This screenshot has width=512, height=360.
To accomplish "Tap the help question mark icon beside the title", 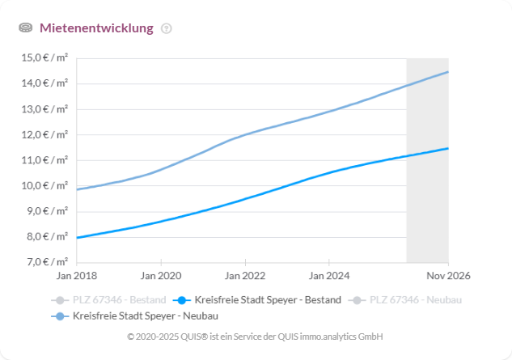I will (x=167, y=28).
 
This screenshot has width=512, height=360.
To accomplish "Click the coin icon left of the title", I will (x=26, y=28).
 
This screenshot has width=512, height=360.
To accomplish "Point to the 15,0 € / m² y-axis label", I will (x=45, y=57).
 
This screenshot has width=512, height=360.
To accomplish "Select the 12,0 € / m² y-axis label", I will (x=45, y=134).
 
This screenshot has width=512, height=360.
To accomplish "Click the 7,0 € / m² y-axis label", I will (x=46, y=263).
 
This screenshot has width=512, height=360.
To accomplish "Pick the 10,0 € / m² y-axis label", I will (x=45, y=186).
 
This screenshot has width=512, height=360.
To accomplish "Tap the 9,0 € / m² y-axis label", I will (x=46, y=211).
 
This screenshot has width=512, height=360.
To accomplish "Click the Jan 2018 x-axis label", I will (x=76, y=276).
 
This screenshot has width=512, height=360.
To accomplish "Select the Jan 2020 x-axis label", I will (x=160, y=276).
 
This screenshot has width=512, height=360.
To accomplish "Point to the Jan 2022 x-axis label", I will (x=244, y=276).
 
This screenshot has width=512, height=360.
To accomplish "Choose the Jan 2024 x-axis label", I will (x=328, y=276).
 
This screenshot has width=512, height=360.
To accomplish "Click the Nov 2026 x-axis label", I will (x=448, y=276).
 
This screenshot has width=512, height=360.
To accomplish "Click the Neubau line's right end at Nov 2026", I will (x=448, y=72).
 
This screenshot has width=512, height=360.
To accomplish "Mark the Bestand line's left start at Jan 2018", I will (x=77, y=238).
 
